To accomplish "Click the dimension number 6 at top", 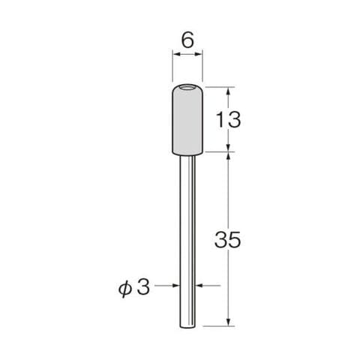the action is coord(187,40).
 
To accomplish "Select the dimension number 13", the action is coord(228,120).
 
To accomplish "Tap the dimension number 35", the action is coord(228,240).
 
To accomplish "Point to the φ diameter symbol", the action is coord(124,289).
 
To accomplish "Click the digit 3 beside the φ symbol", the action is coord(143,286).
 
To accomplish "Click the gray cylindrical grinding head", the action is coord(187,120).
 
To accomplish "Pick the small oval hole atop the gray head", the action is coord(187,88).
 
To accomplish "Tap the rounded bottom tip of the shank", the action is coord(187,326).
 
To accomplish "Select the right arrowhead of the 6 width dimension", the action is coord(198,54).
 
